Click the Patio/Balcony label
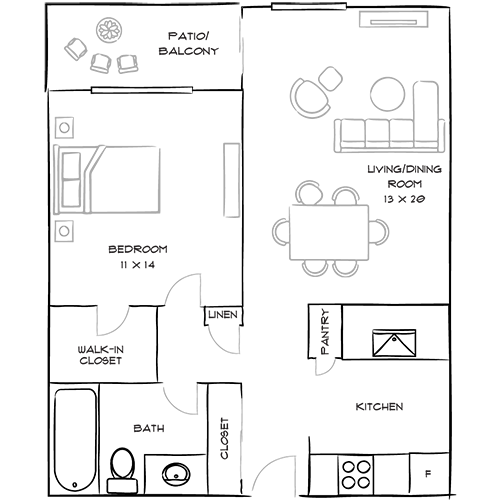[x=189, y=43]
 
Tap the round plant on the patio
[x=109, y=30]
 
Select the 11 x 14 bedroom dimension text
[x=138, y=265]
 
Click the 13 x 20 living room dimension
[x=404, y=199]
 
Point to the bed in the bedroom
[x=107, y=179]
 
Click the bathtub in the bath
[x=76, y=440]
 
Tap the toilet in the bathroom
[x=122, y=470]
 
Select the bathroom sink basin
[x=176, y=474]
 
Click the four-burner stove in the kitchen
[x=356, y=475]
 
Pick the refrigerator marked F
[x=429, y=473]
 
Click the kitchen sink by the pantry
[x=394, y=343]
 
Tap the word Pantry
[x=324, y=331]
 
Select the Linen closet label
[x=223, y=315]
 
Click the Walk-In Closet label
[x=101, y=355]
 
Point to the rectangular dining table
[x=329, y=232]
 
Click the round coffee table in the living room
[x=388, y=94]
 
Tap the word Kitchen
[x=379, y=407]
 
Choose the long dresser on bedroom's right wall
[x=232, y=180]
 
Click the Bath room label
[x=149, y=428]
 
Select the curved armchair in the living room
[x=309, y=98]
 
